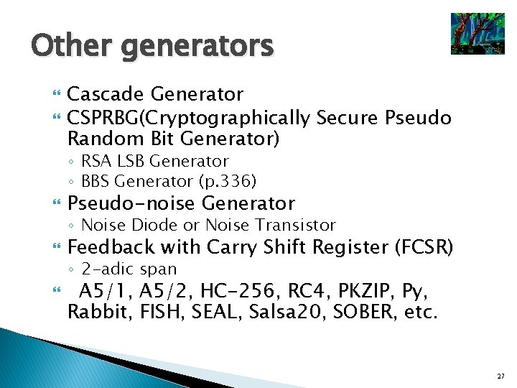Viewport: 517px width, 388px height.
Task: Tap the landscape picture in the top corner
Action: click(x=477, y=34)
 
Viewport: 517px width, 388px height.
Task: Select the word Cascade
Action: click(x=106, y=94)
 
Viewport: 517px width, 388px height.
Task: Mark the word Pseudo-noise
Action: click(x=131, y=203)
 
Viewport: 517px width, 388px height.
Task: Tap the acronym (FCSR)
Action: click(x=424, y=247)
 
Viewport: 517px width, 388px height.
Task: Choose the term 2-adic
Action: click(x=108, y=269)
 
